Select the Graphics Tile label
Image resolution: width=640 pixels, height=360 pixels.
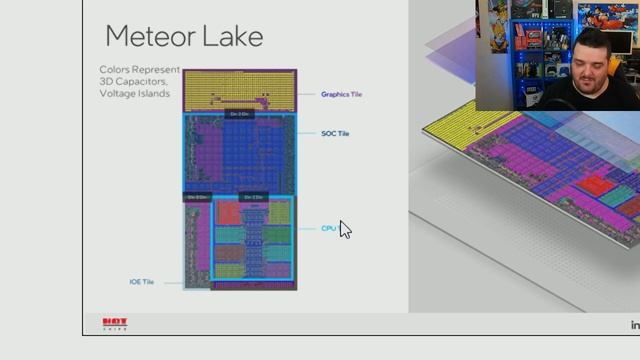click(x=341, y=94)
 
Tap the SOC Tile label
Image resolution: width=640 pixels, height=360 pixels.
click(x=335, y=133)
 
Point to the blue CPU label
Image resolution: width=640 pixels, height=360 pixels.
click(x=328, y=228)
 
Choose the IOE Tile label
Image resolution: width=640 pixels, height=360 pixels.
click(x=142, y=282)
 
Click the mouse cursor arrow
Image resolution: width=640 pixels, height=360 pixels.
click(x=344, y=229)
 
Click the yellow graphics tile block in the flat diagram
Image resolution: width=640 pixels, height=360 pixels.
click(x=240, y=89)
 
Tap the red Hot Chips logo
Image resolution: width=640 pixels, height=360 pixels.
click(x=115, y=324)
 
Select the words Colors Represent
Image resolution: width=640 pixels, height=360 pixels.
click(x=140, y=70)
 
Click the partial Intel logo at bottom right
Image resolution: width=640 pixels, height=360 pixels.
click(x=634, y=324)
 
